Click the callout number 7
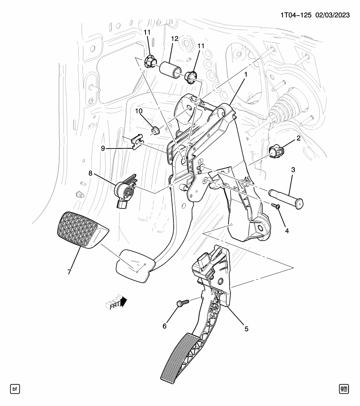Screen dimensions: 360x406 click(x=69, y=272)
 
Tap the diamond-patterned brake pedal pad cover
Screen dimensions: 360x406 click(x=82, y=230)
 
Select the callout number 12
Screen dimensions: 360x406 click(x=175, y=39)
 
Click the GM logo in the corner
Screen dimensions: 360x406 click(x=344, y=389)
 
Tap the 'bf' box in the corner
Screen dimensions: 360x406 click(x=15, y=389)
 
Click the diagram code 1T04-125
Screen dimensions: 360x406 click(x=296, y=15)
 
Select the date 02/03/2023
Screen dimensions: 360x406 click(x=332, y=15)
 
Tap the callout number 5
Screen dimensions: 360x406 click(x=246, y=329)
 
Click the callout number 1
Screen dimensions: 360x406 click(x=246, y=74)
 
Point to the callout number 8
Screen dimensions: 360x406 click(x=90, y=173)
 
